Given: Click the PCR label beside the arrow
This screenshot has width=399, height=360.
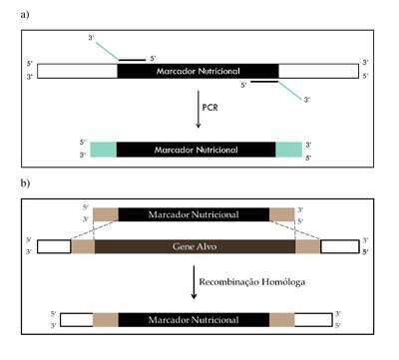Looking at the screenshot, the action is click(209, 108).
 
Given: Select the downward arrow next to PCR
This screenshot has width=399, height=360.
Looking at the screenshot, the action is click(199, 109).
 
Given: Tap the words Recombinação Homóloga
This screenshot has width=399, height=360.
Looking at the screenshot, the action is click(252, 282).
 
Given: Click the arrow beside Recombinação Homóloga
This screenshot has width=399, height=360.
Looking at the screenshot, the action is click(194, 282).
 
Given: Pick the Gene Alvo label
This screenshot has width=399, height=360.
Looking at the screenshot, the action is click(195, 246).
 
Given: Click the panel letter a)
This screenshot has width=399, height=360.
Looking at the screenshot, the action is click(25, 15).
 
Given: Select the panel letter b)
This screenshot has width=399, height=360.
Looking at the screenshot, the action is click(25, 182).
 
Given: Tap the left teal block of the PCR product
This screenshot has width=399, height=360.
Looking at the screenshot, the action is click(104, 150).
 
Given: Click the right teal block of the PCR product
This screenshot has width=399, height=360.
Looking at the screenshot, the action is click(289, 150).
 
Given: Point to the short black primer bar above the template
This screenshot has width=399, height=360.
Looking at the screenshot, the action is click(133, 60).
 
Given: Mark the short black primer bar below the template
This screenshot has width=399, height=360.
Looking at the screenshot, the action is click(264, 81).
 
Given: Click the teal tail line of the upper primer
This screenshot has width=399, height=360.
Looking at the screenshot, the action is click(108, 51).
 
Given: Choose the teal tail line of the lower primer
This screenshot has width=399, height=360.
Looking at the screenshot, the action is click(290, 90).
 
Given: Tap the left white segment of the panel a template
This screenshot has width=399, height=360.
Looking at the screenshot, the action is click(77, 71).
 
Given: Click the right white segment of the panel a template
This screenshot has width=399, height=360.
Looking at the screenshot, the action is click(319, 71).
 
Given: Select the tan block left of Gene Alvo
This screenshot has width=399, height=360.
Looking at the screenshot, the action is click(83, 246).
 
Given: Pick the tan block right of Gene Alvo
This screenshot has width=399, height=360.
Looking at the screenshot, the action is click(308, 246).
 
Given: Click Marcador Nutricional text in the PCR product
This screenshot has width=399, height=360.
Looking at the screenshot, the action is click(196, 150).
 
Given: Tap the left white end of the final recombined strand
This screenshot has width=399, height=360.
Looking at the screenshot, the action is click(77, 320).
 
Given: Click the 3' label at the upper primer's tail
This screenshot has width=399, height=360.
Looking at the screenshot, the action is click(92, 38).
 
